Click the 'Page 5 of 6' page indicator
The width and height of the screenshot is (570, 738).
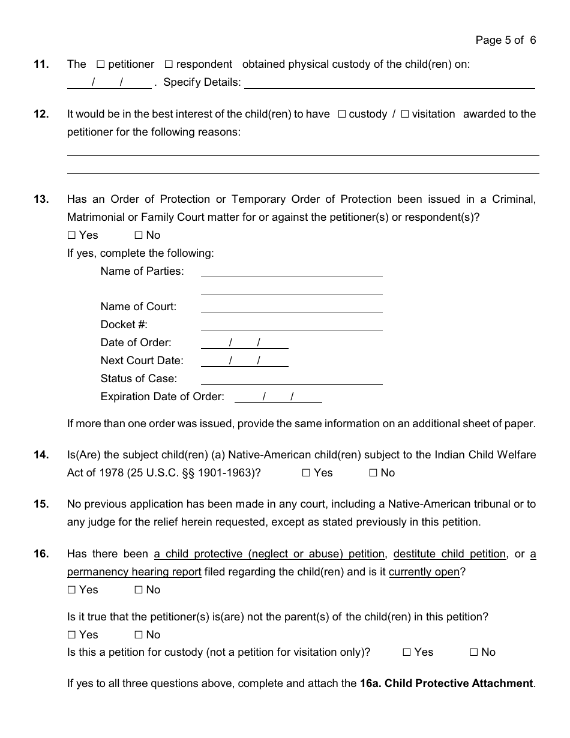coord(505,40)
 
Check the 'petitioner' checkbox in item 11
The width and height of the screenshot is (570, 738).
coord(101,64)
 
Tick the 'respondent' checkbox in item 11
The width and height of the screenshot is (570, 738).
coord(169,64)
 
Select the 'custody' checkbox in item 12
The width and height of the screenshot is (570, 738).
coord(342,114)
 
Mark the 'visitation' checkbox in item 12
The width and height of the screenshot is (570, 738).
coord(405,114)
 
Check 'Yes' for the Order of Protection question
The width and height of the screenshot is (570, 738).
coord(71,235)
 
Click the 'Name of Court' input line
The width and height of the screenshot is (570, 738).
coord(292,308)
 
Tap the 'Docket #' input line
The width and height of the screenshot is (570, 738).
coord(292,326)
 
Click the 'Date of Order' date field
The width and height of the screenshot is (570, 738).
coord(244,343)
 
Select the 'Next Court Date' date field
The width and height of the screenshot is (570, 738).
coord(244,361)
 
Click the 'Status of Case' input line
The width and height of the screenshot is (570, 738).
coord(292,379)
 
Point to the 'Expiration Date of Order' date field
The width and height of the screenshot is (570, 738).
coord(278,397)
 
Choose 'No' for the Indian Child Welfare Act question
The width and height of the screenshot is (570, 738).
coord(373,473)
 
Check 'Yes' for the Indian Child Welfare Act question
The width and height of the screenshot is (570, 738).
coord(306,473)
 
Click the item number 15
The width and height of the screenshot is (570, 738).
coord(41,504)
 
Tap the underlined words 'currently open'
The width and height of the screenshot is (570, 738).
coord(424,572)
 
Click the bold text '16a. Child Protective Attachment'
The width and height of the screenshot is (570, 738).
coord(446,683)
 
